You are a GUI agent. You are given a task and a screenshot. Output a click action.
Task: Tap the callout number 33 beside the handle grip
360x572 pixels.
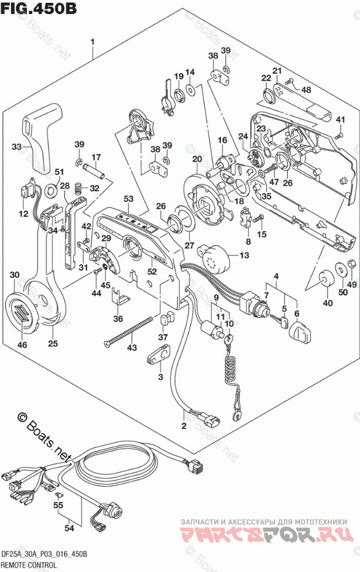pyautogui.click(x=17, y=147)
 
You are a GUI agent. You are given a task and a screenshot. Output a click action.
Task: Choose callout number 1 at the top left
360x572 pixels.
pyautogui.click(x=92, y=42)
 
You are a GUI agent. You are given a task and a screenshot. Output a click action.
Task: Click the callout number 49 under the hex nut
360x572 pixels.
pyautogui.click(x=350, y=284)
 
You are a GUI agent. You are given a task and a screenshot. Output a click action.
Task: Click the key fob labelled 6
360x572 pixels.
pyautogui.click(x=299, y=334)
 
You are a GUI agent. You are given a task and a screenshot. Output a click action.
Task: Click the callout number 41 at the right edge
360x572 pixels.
pyautogui.click(x=341, y=120)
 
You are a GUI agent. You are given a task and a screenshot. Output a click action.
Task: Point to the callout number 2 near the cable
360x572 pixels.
pyautogui.click(x=184, y=427)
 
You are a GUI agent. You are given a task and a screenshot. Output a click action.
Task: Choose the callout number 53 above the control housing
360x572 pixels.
pyautogui.click(x=128, y=199)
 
